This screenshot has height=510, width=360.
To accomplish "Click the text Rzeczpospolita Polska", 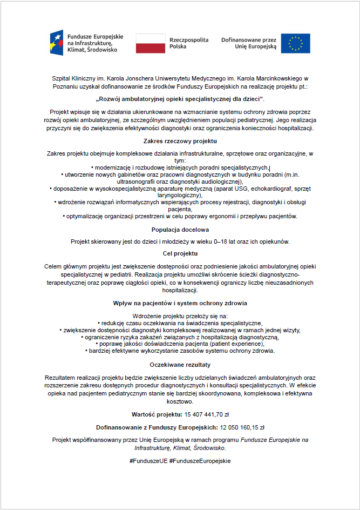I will (189, 43).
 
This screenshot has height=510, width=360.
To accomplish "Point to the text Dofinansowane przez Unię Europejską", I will (249, 43).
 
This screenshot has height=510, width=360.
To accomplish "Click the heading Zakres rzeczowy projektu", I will (180, 141).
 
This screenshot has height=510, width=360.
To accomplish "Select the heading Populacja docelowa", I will (180, 229).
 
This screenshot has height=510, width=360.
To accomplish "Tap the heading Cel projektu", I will (180, 253).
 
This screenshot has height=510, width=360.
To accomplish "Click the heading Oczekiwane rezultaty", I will (180, 365).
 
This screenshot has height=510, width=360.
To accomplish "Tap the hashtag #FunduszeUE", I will (148, 461).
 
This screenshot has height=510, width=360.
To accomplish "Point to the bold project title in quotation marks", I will (180, 99).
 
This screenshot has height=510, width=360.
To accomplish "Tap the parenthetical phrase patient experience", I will (242, 344).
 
